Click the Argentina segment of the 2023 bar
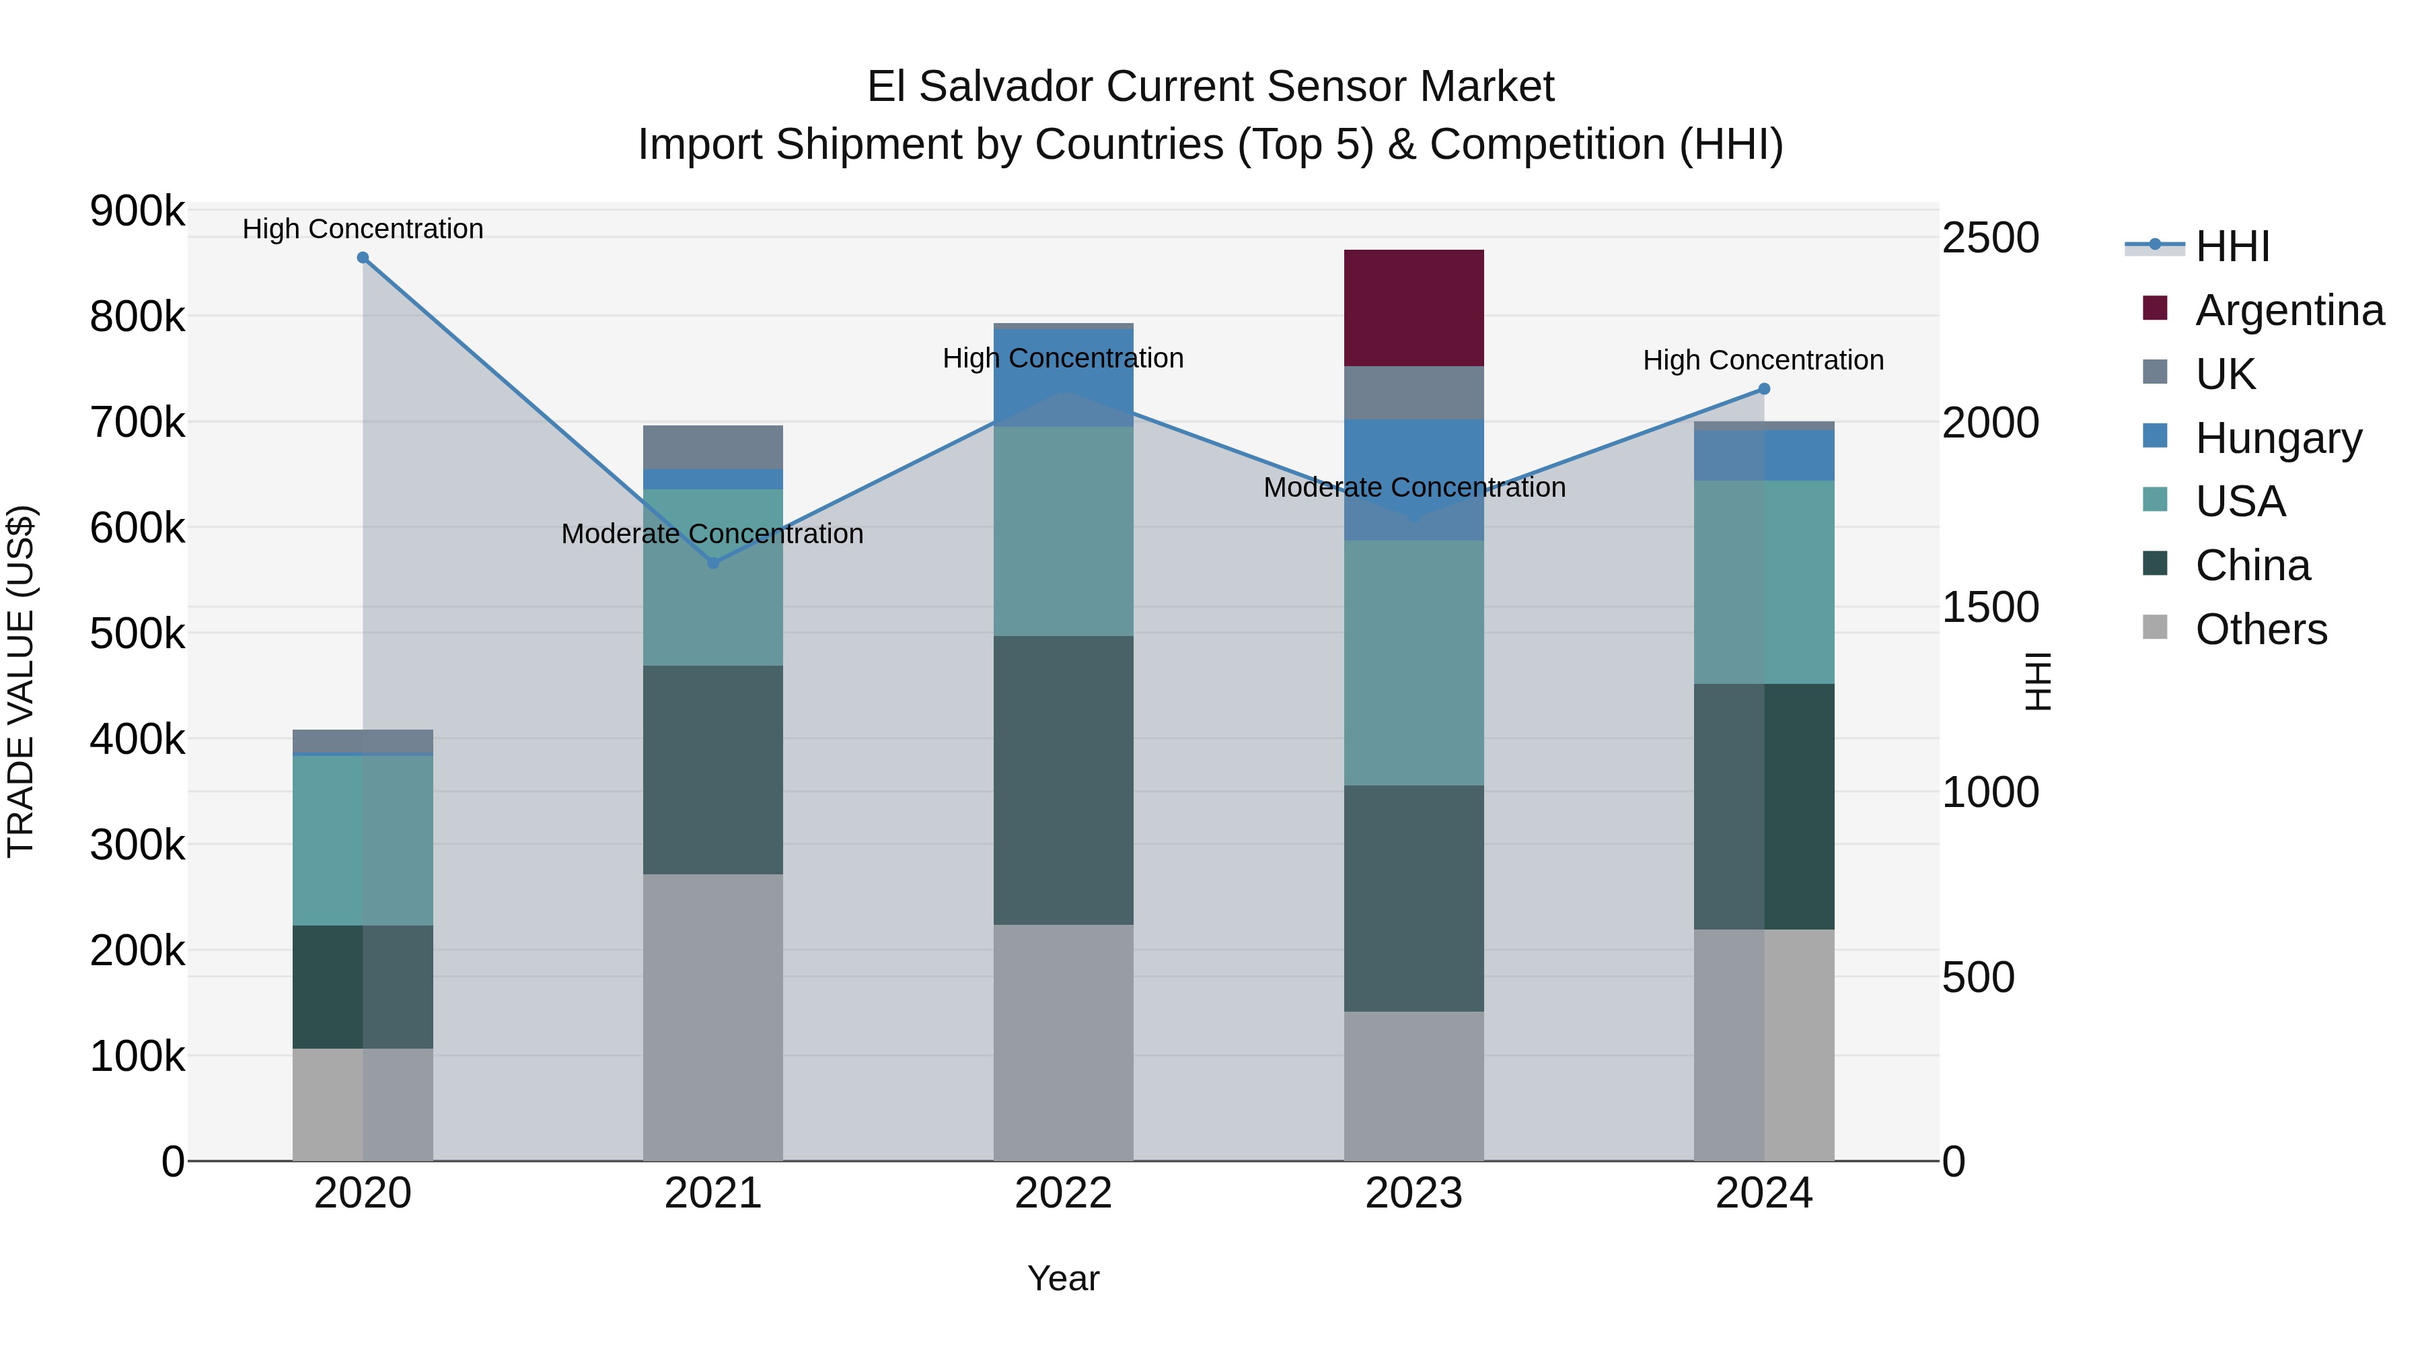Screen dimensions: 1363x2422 point(1413,308)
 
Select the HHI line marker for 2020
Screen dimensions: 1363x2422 point(363,258)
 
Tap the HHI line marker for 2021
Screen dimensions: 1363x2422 point(712,563)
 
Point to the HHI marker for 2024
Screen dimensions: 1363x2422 point(1764,388)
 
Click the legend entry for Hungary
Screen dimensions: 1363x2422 point(2278,438)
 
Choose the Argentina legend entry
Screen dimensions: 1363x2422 point(2289,310)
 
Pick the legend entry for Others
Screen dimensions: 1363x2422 point(2261,629)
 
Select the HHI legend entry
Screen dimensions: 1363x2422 point(2232,246)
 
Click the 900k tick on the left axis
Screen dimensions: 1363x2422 point(137,211)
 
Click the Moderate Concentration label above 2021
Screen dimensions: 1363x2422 point(712,533)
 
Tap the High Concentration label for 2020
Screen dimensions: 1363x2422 point(363,229)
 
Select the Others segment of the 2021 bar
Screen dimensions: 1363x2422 point(712,1017)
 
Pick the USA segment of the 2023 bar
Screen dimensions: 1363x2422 point(1413,662)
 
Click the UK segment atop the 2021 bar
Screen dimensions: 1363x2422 point(712,447)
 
